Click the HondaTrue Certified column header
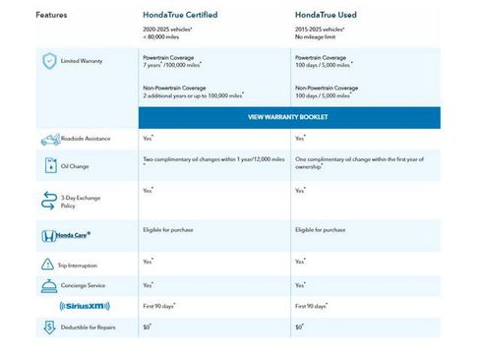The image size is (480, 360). click(x=181, y=16)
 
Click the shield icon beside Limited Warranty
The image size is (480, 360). click(x=49, y=60)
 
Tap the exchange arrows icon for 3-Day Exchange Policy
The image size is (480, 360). click(x=49, y=202)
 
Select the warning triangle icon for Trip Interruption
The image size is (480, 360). click(x=49, y=266)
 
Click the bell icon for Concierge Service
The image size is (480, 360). click(x=49, y=286)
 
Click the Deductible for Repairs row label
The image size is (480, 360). click(x=88, y=327)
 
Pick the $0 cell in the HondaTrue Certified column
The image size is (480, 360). click(x=147, y=326)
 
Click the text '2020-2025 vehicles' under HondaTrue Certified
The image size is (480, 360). click(x=168, y=30)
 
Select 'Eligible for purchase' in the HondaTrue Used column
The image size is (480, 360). click(x=321, y=229)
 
